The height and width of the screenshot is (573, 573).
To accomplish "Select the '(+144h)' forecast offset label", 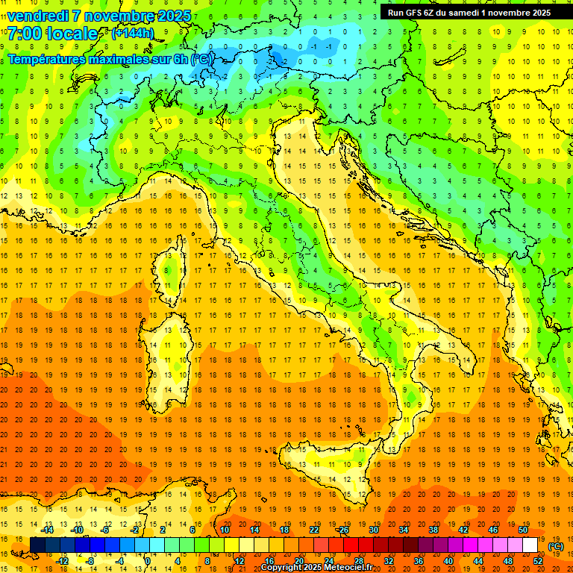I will pyautogui.click(x=132, y=34).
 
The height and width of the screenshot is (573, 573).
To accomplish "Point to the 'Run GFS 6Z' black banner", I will pyautogui.click(x=469, y=12).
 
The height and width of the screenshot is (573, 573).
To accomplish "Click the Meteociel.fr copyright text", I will pyautogui.click(x=322, y=567).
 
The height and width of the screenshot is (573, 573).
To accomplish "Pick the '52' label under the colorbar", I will pyautogui.click(x=538, y=561).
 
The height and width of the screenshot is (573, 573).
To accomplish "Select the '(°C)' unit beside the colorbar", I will pyautogui.click(x=557, y=546).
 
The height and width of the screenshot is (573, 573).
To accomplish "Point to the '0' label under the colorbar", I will pyautogui.click(x=148, y=561).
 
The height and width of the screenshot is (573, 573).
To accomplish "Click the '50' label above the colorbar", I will pyautogui.click(x=523, y=530).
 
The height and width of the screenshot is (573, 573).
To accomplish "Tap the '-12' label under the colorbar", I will pyautogui.click(x=63, y=561).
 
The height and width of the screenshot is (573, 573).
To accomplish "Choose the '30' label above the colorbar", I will pyautogui.click(x=374, y=530).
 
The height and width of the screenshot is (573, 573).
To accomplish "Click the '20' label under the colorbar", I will pyautogui.click(x=298, y=561).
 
